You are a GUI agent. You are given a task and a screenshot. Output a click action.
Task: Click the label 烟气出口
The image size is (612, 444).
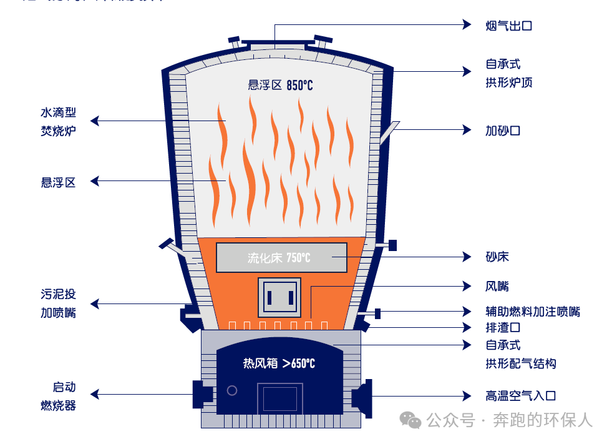[x=508, y=26]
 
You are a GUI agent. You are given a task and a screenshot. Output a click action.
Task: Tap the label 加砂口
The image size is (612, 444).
[x=502, y=131]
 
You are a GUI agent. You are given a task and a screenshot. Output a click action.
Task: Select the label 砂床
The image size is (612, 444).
[x=497, y=257]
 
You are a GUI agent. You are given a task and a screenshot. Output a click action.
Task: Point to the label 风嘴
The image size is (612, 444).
[x=497, y=287]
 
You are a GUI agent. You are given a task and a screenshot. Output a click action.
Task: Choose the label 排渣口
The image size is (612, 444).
[x=503, y=327]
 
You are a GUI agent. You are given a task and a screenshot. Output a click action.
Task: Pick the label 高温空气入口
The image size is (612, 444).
[x=520, y=396]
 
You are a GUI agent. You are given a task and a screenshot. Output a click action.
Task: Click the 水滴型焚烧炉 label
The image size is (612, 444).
[x=58, y=122]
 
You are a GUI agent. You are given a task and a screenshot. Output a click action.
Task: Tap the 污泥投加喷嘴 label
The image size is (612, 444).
[x=58, y=303]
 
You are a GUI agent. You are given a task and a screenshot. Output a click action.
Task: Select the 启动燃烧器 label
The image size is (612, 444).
[x=58, y=396]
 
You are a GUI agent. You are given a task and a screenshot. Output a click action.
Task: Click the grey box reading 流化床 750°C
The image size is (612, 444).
[x=281, y=257]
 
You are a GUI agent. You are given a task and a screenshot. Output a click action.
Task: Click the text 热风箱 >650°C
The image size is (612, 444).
[x=279, y=363]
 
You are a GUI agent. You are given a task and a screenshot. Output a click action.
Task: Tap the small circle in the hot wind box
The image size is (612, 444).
[x=232, y=390]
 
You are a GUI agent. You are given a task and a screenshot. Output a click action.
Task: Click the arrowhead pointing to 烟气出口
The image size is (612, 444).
[x=467, y=24]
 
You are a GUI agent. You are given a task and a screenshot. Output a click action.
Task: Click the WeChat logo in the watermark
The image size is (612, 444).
[x=410, y=420]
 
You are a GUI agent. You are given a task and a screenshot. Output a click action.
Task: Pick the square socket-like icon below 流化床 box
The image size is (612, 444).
[x=279, y=297]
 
